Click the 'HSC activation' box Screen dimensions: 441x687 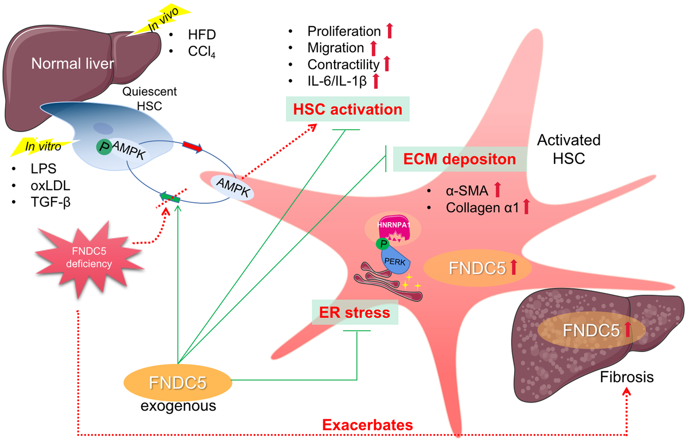pos(347,109)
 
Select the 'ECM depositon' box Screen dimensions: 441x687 pos(459,159)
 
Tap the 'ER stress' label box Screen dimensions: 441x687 pos(354,313)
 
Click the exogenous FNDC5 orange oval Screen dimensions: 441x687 pos(177,382)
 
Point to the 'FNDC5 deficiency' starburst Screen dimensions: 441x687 pos(89,258)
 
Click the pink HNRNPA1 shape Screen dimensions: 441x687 pos(393,228)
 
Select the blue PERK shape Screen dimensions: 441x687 pos(396,261)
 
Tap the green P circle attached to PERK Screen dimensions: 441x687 pos(382,244)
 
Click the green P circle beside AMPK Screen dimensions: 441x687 pos(104,147)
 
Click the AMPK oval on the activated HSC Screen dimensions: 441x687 pos(232,187)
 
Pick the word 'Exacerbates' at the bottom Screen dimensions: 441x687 pos(367,425)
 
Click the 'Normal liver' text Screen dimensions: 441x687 pos(73,64)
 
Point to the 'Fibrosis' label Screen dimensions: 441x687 pos(627,377)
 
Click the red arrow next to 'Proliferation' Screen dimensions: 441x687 pos(389,31)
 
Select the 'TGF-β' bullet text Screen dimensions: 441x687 pos(50,202)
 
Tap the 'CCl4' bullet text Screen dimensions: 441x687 pos(201,51)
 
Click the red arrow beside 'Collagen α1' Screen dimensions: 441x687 pos(526,207)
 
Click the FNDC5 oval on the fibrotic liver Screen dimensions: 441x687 pos(591,330)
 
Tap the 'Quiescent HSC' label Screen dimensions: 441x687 pos(149,99)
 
